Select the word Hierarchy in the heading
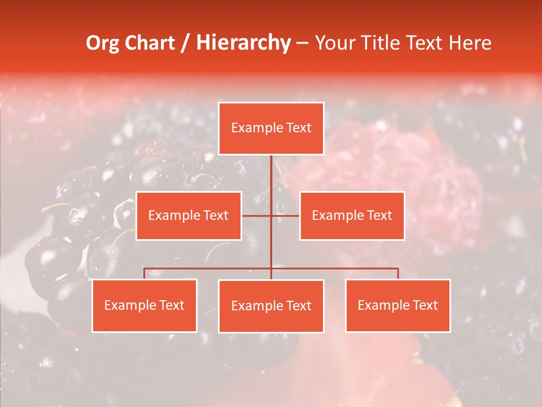(243, 43)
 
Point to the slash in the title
(185, 43)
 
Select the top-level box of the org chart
(271, 128)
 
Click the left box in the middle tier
(189, 215)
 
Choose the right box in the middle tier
(352, 215)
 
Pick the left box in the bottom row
(145, 306)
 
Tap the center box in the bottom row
(271, 306)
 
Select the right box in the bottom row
(398, 306)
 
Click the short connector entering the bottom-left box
(145, 274)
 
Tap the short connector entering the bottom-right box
(398, 274)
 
